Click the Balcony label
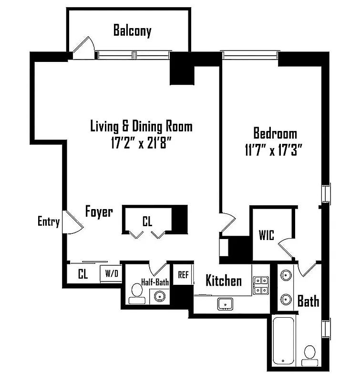pos(132,31)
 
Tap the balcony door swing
pos(84,47)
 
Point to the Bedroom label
pos(275,133)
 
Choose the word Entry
pos(49,221)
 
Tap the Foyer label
pos(99,211)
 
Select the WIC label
pos(267,235)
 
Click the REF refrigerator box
pos(183,274)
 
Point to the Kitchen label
pos(223,281)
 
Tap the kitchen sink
pos(225,303)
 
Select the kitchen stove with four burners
pos(260,285)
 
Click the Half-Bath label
pos(155,282)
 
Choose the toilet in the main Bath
pos(310,353)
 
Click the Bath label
pos(308,301)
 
